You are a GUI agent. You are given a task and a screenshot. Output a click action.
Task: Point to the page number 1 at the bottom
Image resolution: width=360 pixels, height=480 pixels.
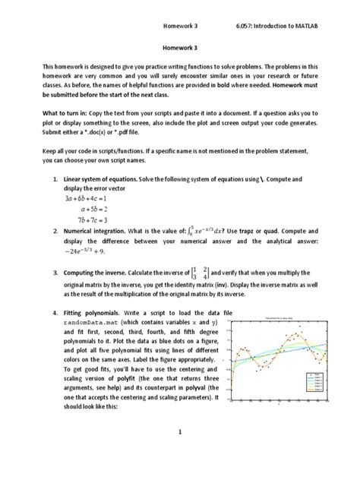pyautogui.click(x=180, y=453)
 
